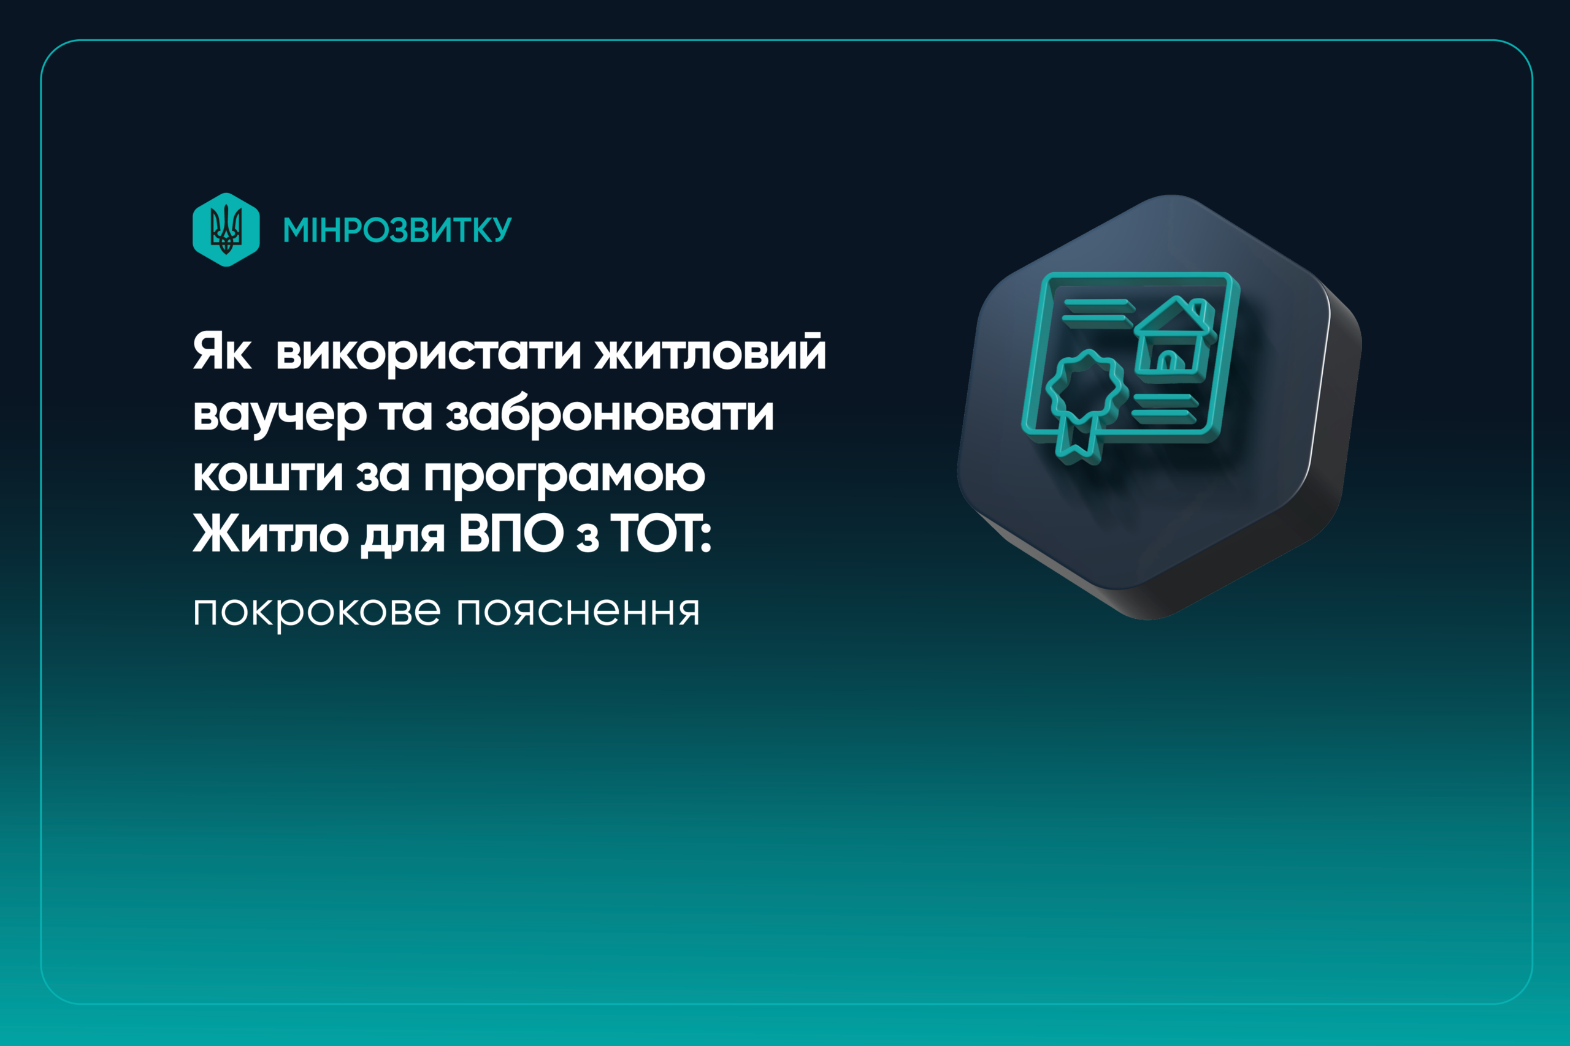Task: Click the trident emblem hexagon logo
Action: [x=226, y=229]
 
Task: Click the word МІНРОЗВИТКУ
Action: [x=397, y=230]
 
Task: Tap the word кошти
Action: [x=267, y=475]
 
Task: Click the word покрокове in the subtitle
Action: [x=316, y=611]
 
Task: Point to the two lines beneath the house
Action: [x=1164, y=407]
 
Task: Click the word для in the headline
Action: [x=402, y=536]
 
